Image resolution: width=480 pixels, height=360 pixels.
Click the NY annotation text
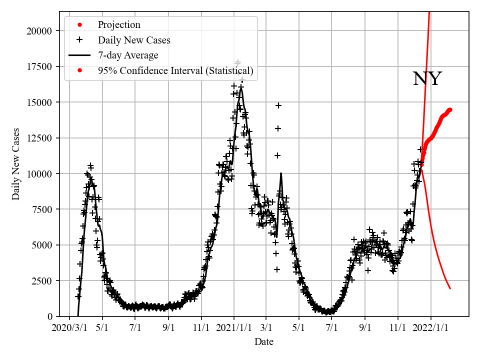point(427,79)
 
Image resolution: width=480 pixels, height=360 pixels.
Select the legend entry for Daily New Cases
point(134,40)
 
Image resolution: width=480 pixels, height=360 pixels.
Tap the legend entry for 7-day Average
point(128,55)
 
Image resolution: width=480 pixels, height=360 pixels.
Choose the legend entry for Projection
point(119,24)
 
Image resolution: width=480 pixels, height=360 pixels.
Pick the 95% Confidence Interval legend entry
point(175,71)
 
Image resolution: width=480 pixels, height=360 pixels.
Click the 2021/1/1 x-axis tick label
point(234,328)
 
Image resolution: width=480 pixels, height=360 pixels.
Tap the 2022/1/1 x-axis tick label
point(431,328)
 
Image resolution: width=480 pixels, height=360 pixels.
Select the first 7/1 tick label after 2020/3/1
point(135,328)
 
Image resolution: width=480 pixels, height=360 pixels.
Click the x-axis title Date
point(264,342)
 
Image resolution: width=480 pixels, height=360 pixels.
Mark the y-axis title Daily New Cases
point(16,163)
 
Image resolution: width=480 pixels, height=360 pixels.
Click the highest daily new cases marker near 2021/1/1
point(238,62)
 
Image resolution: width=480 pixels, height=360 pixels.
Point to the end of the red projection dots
point(450,109)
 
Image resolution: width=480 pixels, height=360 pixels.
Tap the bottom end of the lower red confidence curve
point(450,288)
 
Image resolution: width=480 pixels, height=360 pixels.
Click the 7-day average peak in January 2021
point(241,89)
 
